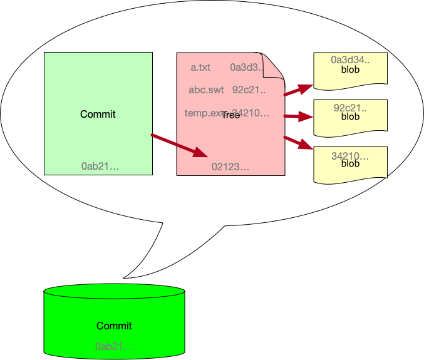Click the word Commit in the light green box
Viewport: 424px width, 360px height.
98,115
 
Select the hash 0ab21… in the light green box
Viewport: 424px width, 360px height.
100,166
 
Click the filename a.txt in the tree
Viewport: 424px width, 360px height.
200,67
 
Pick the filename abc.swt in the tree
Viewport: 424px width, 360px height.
206,90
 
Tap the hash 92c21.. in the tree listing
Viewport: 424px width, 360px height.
249,90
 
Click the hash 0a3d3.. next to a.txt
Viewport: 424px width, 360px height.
246,67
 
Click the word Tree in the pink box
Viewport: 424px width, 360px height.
231,115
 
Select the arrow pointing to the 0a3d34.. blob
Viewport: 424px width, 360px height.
298,90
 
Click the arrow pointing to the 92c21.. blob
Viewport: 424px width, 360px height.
298,116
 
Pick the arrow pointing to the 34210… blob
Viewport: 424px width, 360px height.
298,143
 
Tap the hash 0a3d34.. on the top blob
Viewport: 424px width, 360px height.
350,60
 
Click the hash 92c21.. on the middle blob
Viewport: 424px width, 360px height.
350,108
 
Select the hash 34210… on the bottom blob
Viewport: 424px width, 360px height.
350,155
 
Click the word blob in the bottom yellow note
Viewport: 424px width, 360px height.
350,164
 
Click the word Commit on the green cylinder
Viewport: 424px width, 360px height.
114,326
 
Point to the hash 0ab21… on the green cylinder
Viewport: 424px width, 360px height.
114,346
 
